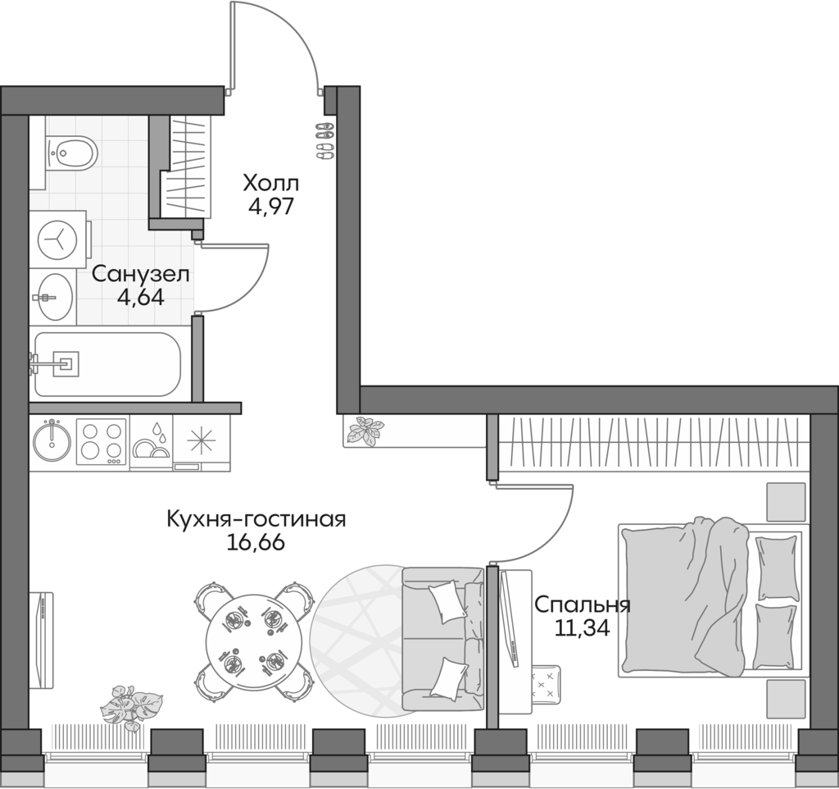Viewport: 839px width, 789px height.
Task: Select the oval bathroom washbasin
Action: pos(54,296)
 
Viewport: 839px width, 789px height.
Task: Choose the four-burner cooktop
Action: pos(102,442)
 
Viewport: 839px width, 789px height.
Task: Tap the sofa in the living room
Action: pos(442,640)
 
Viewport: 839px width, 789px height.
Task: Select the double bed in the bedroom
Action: pos(709,599)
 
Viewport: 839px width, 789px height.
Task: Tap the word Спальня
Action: pos(582,605)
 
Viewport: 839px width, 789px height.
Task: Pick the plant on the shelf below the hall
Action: pos(364,431)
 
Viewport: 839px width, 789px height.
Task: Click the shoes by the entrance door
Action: pos(324,139)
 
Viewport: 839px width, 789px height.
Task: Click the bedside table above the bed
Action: pos(785,499)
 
